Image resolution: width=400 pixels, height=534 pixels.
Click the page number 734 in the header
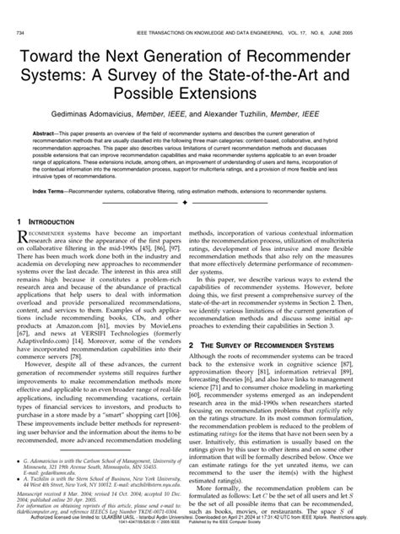click(21, 8)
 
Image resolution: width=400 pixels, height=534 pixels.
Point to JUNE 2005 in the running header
click(365, 8)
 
